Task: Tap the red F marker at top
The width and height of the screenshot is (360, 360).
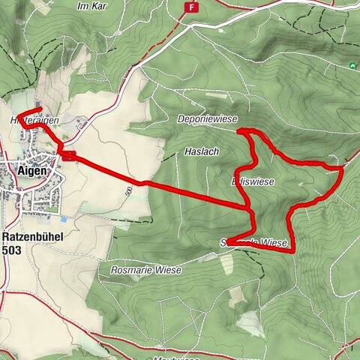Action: tap(193, 7)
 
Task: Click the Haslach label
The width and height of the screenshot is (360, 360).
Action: tap(201, 151)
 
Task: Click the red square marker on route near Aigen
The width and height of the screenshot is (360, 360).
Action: tap(69, 156)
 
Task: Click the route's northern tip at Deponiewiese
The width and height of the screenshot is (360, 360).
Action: tap(241, 131)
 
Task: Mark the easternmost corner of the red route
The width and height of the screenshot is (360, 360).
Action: tap(343, 170)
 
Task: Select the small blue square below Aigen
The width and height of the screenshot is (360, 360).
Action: tap(63, 219)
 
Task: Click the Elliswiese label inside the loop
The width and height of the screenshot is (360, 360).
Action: tap(253, 182)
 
